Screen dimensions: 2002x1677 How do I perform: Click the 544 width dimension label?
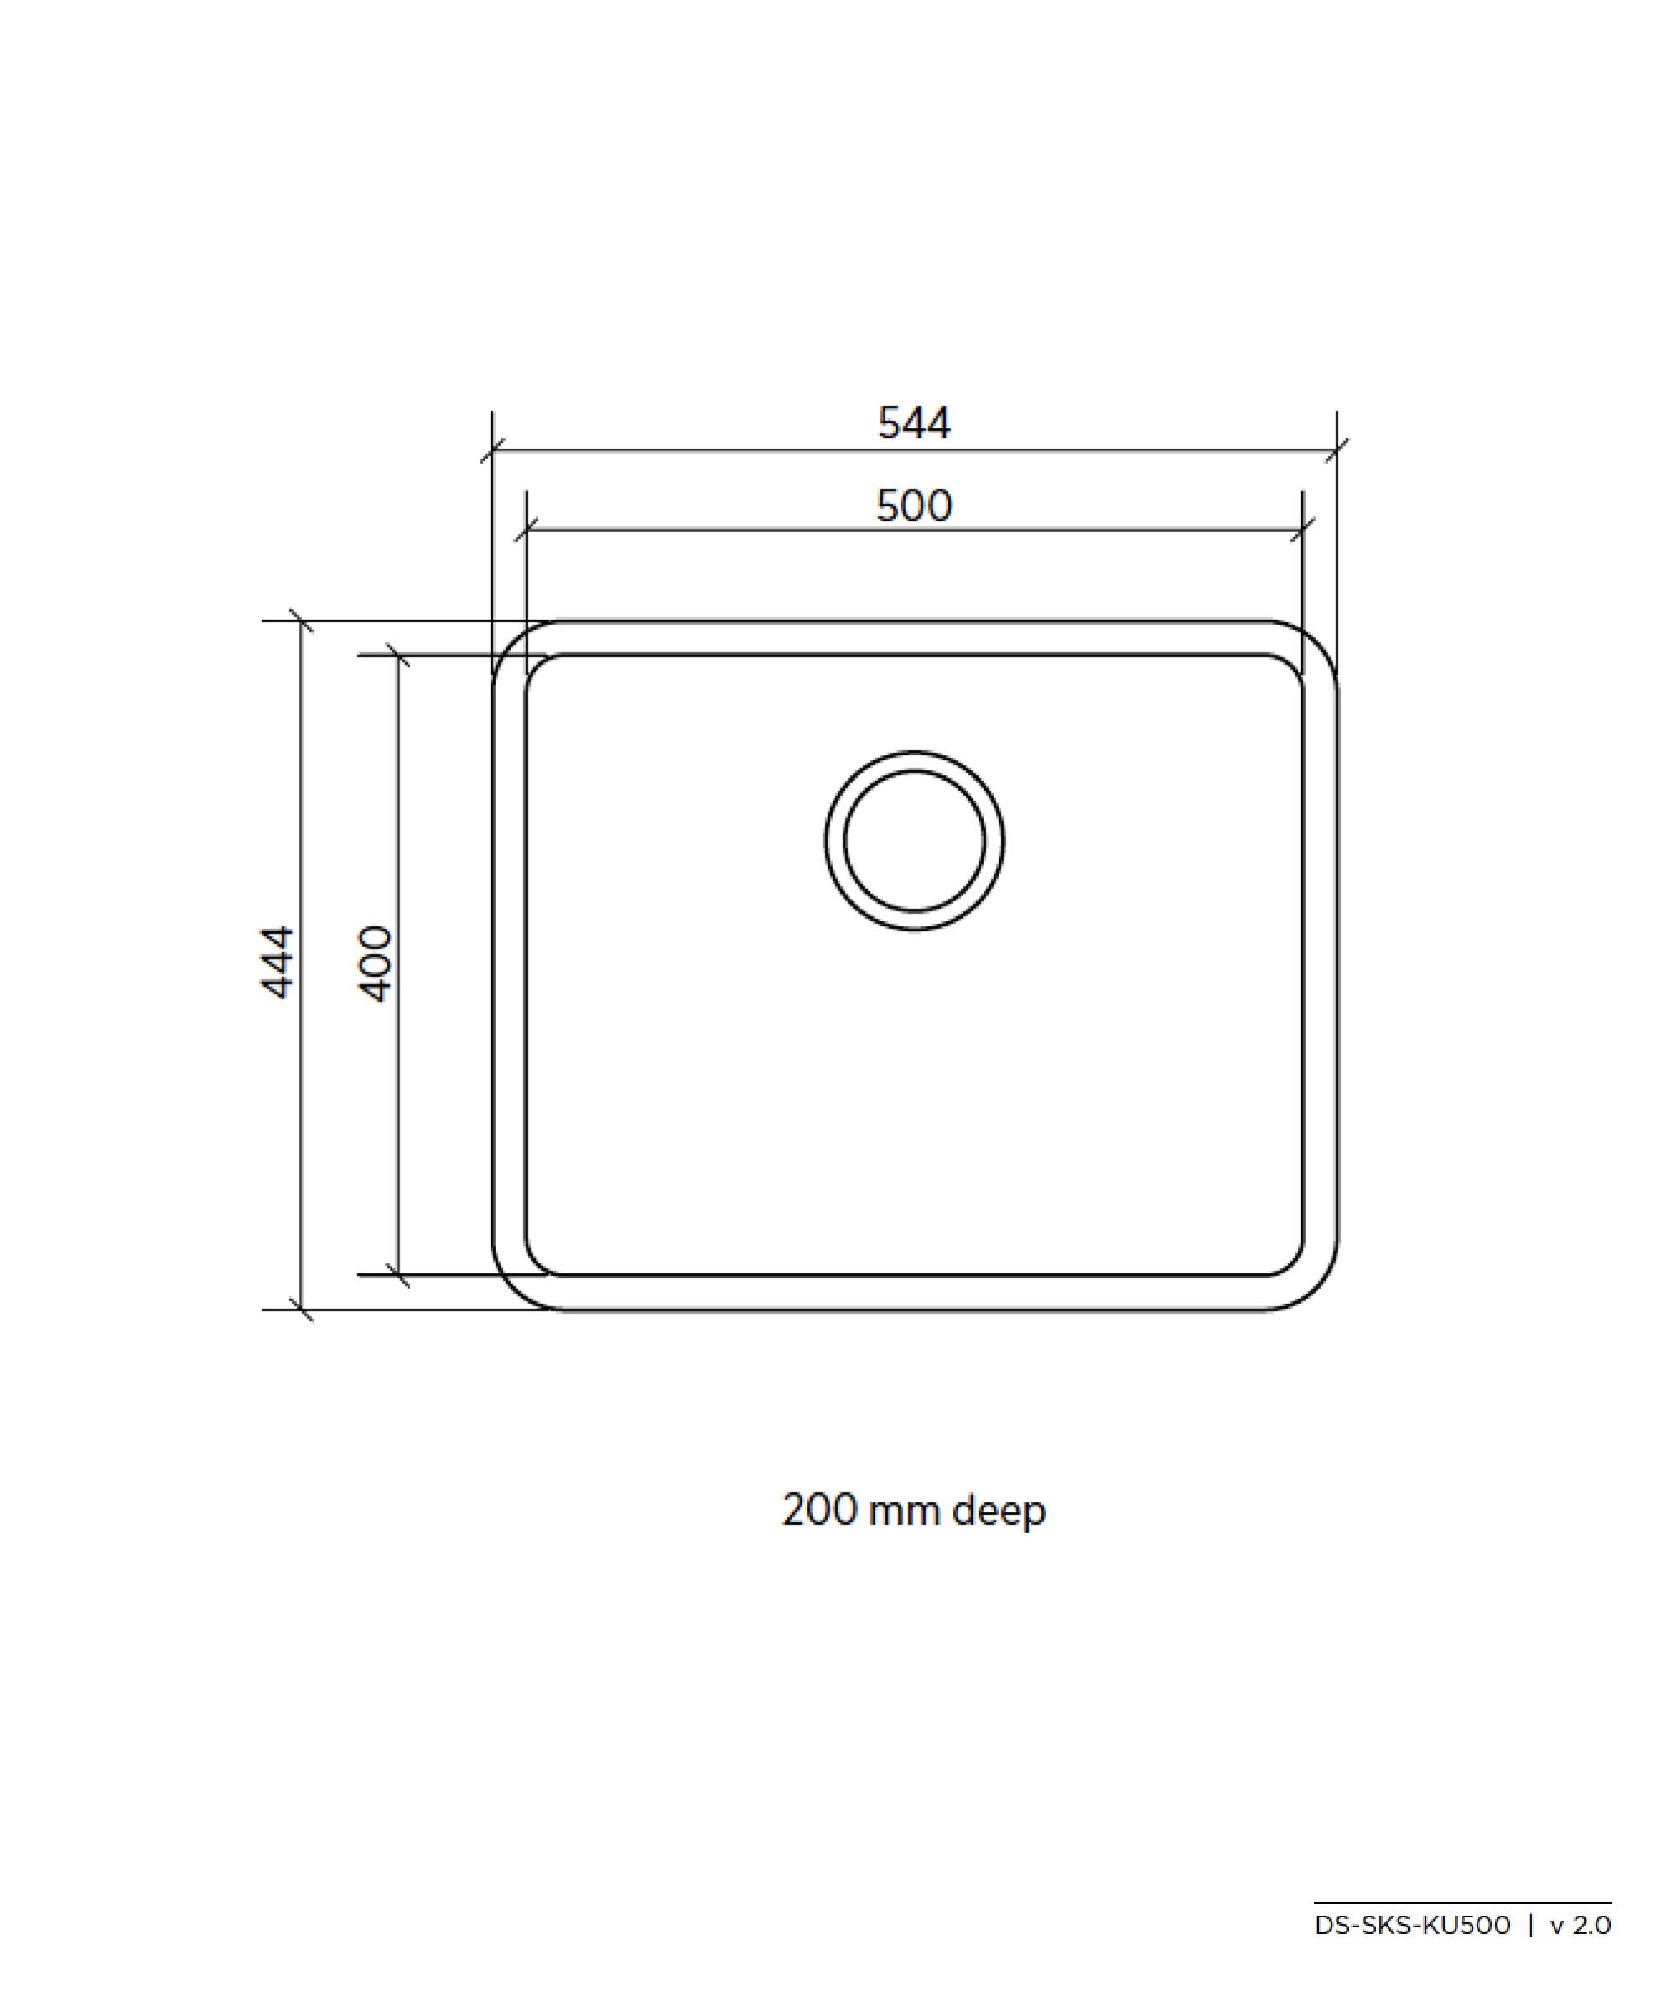(913, 423)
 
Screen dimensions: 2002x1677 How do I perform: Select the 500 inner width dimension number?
(913, 506)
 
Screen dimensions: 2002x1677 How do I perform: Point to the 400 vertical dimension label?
(376, 963)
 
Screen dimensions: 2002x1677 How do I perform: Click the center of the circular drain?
(913, 841)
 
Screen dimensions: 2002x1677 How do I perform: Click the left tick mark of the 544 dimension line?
(492, 451)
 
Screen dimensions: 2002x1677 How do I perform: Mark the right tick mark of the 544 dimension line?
(1337, 451)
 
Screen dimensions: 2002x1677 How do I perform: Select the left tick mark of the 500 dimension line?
(527, 530)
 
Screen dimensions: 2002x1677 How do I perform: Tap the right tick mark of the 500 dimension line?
(1302, 530)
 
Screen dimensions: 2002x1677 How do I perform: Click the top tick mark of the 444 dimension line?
(301, 620)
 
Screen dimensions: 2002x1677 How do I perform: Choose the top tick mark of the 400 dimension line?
(398, 656)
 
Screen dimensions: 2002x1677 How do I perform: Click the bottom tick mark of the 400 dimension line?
(398, 1274)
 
